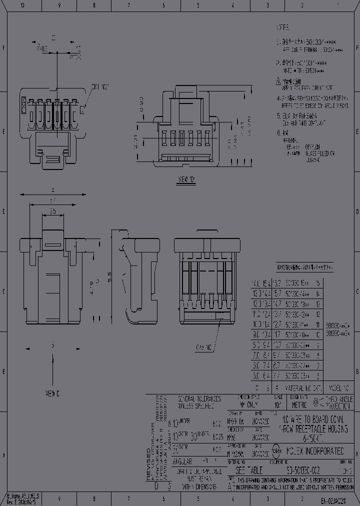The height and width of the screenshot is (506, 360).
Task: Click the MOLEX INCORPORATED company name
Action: pyautogui.click(x=316, y=450)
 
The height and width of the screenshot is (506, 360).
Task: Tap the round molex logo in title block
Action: pyautogui.click(x=275, y=450)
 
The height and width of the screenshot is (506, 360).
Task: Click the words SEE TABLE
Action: pyautogui.click(x=248, y=470)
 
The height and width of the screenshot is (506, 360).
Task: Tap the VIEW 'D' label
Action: pyautogui.click(x=186, y=178)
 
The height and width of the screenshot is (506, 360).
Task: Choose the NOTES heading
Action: pyautogui.click(x=283, y=28)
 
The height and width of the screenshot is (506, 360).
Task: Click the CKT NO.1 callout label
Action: pyautogui.click(x=100, y=86)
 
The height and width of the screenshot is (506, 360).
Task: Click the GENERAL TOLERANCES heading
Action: pyautogui.click(x=199, y=399)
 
